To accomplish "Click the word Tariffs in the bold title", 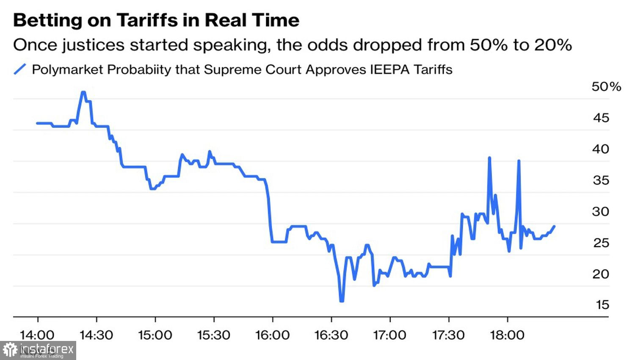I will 147,20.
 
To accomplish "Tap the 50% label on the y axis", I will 606,87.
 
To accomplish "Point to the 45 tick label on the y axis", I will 601,118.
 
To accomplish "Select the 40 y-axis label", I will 600,149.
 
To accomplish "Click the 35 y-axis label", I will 600,180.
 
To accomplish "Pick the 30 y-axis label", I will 600,211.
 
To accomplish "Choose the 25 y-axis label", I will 600,243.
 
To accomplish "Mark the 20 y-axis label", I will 600,274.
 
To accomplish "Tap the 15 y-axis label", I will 602,305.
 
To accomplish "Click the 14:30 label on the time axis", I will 97,335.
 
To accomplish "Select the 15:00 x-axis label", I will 155,335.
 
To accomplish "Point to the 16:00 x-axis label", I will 272,335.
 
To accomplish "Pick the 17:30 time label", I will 448,335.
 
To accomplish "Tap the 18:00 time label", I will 507,335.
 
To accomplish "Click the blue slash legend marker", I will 20,69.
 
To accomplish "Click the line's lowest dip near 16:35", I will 342,301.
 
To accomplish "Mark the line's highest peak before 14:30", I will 83,92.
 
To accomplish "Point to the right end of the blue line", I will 554,226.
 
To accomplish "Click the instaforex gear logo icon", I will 10,350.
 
